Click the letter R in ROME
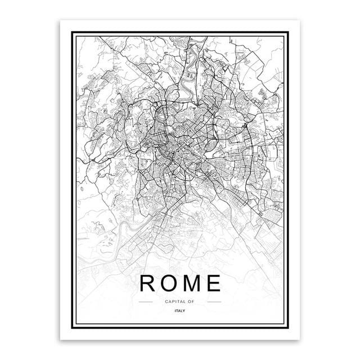click(x=149, y=283)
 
